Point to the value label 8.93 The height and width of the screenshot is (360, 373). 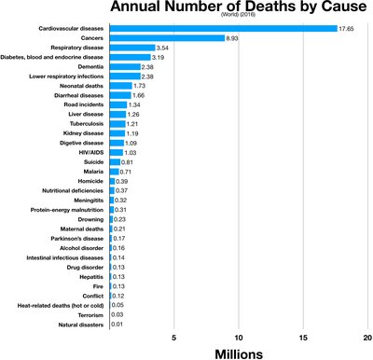click(234, 38)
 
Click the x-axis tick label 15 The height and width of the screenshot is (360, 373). click(304, 337)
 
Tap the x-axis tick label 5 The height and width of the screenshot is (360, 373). click(173, 337)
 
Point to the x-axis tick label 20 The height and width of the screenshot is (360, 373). click(368, 337)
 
